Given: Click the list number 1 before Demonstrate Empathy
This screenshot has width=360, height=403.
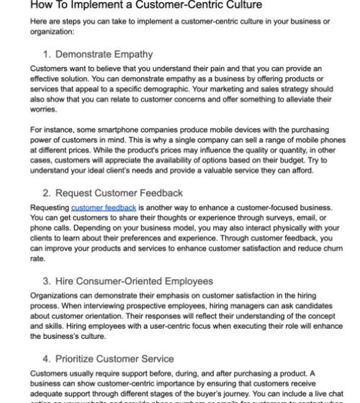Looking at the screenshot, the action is (47, 54).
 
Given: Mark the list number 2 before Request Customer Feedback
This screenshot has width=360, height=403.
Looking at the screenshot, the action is (47, 192).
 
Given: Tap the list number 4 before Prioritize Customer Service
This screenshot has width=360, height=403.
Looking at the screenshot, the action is (47, 358).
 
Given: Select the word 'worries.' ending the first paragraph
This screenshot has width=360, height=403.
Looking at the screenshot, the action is (43, 114).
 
